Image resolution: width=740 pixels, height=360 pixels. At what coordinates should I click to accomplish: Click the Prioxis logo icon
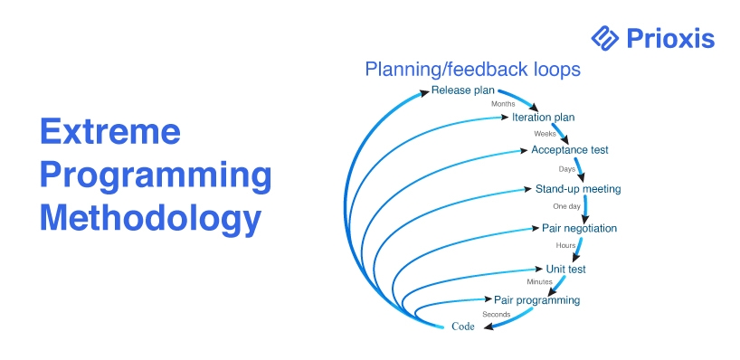604,38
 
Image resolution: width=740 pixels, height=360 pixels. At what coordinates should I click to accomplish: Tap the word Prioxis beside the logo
670,38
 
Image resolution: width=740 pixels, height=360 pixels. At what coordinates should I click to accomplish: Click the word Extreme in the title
110,131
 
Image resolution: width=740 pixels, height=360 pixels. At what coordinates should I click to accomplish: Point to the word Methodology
150,219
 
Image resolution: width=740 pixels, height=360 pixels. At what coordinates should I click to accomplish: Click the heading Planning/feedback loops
472,70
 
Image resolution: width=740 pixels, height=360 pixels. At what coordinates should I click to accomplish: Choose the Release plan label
462,90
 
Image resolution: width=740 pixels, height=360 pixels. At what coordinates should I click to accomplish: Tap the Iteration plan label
543,117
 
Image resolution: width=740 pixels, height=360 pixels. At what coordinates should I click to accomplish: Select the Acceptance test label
570,150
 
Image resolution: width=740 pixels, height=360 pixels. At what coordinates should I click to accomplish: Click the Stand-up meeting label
578,189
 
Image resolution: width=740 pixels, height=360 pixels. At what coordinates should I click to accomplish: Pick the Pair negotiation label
579,228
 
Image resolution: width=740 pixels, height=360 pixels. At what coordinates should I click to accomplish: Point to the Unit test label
565,269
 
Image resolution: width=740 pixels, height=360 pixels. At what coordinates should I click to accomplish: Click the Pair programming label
536,300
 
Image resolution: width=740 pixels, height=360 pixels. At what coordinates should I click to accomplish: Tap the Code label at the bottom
463,327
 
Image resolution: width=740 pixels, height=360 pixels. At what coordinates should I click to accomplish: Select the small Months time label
503,104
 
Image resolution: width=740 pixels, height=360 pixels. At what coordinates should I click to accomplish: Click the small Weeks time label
546,134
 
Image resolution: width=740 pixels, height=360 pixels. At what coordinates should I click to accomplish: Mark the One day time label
567,206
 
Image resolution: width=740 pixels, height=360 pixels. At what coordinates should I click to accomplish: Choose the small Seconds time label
496,314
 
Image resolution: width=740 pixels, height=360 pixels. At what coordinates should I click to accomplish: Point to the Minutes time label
539,282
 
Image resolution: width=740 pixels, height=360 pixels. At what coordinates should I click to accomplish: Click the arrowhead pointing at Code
490,326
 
